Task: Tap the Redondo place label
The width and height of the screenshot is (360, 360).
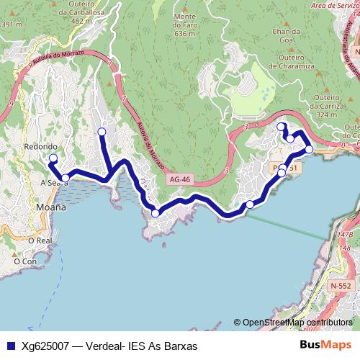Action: click(x=40, y=146)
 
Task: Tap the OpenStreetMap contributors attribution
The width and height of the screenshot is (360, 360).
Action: click(x=297, y=323)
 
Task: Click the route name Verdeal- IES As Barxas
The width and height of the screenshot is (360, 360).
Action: click(x=140, y=346)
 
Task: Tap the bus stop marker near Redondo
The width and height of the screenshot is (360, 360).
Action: click(x=53, y=158)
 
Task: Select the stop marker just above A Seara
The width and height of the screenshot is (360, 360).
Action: click(x=65, y=178)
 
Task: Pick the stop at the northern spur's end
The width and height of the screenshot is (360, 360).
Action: click(x=102, y=131)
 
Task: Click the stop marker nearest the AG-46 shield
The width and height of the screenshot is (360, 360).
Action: click(x=155, y=212)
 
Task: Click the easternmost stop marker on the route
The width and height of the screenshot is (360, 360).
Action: click(x=309, y=150)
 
